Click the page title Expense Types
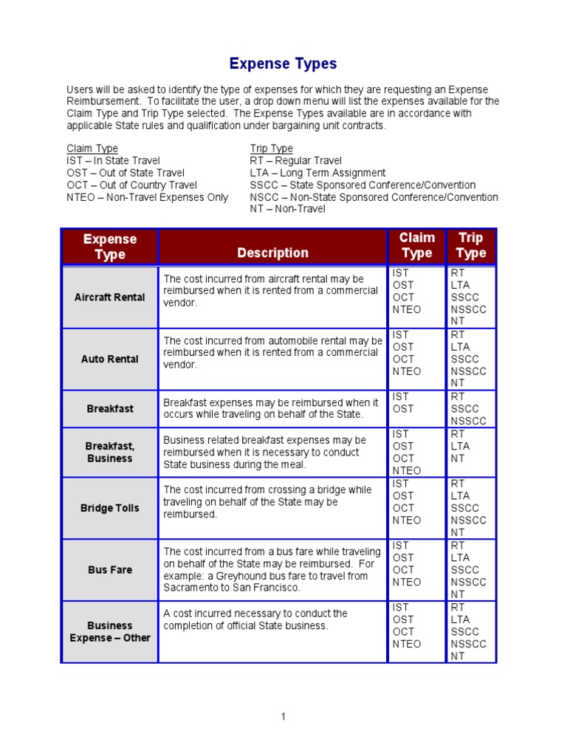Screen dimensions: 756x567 coord(283,63)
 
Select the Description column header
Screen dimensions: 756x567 coord(272,253)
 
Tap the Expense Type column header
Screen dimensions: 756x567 coord(110,247)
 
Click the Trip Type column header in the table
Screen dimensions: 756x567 coord(471,246)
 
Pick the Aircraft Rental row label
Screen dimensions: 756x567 coord(110,298)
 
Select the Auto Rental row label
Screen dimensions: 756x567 coord(110,360)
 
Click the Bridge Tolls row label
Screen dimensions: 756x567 coord(110,508)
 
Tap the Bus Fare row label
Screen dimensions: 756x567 coord(110,570)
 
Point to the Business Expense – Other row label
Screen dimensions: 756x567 coord(110,632)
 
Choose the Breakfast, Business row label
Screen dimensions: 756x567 coord(110,453)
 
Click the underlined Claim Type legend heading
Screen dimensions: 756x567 coord(92,148)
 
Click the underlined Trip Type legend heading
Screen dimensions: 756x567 coord(271,148)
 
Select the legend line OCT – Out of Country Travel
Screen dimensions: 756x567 coord(132,185)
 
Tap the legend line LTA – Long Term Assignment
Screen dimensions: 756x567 coord(317,173)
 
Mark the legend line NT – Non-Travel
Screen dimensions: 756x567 coord(287,210)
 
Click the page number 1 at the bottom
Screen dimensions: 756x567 coord(283,717)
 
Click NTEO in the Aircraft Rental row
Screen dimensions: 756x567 coord(407,310)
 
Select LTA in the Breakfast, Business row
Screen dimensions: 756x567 coord(460,446)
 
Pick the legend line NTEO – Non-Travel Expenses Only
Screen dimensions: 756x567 coord(148,197)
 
